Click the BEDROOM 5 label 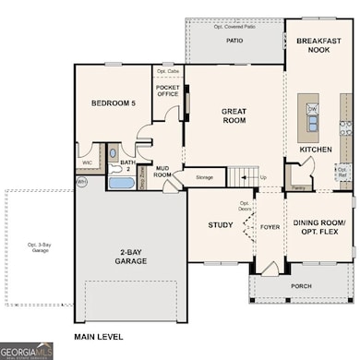114,104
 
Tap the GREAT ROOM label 234,115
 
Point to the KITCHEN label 316,149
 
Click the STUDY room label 220,224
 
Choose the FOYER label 270,224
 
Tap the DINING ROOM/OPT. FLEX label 318,227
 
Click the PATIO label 234,41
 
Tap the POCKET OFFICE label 167,90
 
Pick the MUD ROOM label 162,169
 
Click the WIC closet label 87,162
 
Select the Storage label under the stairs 205,176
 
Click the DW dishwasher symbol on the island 312,108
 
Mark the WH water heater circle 81,182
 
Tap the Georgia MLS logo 27,351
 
